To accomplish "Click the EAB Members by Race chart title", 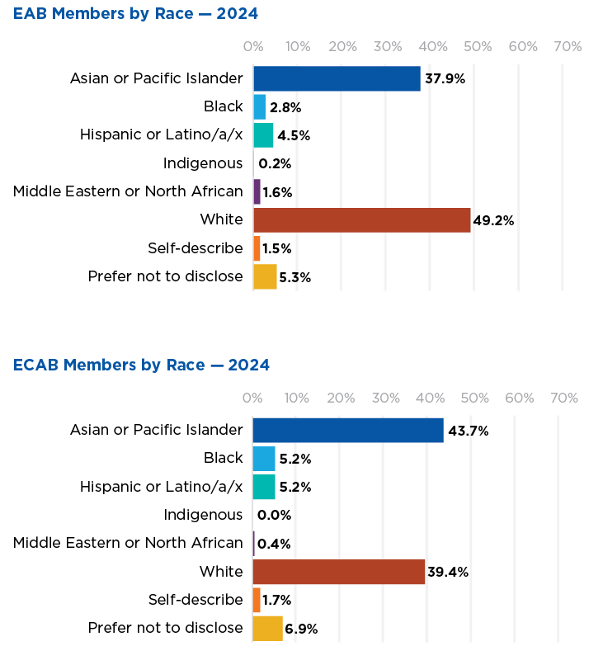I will coord(135,13).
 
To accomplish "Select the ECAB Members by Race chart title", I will coord(141,365).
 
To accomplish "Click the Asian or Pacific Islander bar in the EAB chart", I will coord(337,78).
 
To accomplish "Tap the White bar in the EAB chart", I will coord(361,219).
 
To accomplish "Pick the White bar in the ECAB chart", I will coord(338,572).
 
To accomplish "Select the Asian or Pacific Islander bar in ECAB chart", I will coord(347,430).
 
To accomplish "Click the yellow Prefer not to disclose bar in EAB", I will coord(265,276).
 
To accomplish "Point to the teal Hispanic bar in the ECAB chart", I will coord(264,487).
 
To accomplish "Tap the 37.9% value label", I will coord(445,79).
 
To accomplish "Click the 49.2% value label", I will coord(494,220).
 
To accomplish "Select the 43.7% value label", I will coord(468,431).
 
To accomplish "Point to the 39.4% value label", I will coord(448,572).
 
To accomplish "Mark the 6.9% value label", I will coord(301,629).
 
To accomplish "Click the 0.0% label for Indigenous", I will coord(274,516).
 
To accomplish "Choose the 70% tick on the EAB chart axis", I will coord(567,47).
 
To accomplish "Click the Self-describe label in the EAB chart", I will coord(196,248).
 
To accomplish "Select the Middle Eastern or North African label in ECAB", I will coord(128,543).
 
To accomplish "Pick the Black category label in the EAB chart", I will coord(224,106).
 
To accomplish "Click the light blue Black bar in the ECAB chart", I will coord(264,459).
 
